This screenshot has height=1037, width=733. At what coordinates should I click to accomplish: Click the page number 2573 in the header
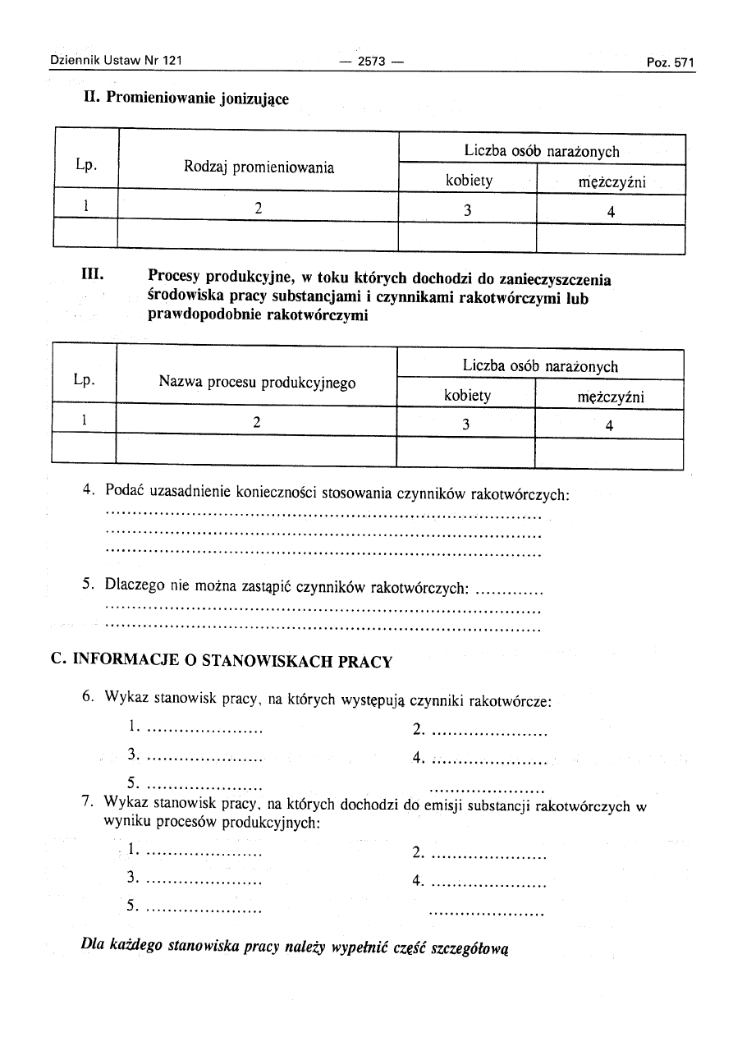(x=367, y=62)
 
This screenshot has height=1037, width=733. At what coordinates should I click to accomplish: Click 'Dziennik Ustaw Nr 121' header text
(x=115, y=61)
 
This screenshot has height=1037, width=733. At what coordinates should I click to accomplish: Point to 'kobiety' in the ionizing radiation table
(x=469, y=181)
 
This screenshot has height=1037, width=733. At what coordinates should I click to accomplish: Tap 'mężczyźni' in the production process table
(x=610, y=397)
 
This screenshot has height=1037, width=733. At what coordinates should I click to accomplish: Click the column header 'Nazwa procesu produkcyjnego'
(x=257, y=382)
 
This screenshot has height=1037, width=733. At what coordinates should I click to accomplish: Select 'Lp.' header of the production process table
(x=84, y=380)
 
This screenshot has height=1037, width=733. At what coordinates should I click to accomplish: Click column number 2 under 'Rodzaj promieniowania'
(x=258, y=209)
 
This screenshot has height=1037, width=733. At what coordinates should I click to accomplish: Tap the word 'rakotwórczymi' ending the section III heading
(x=318, y=315)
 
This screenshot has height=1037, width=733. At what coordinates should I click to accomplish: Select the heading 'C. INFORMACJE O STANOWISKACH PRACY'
(x=222, y=661)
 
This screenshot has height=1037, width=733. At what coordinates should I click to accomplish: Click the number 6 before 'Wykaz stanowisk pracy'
(x=87, y=697)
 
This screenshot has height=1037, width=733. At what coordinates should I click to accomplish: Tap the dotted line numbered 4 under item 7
(x=488, y=883)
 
